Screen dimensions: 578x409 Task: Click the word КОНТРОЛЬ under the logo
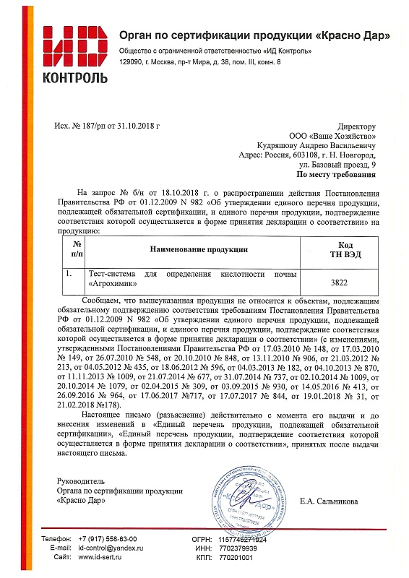pyautogui.click(x=76, y=77)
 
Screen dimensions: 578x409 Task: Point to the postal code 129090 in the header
pyautogui.click(x=132, y=64)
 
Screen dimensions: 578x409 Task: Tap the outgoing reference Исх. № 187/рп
pyautogui.click(x=80, y=126)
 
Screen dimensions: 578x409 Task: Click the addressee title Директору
pyautogui.click(x=357, y=126)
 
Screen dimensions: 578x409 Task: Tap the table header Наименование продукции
pyautogui.click(x=199, y=249)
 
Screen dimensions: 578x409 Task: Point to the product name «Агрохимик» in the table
pyautogui.click(x=116, y=285)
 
